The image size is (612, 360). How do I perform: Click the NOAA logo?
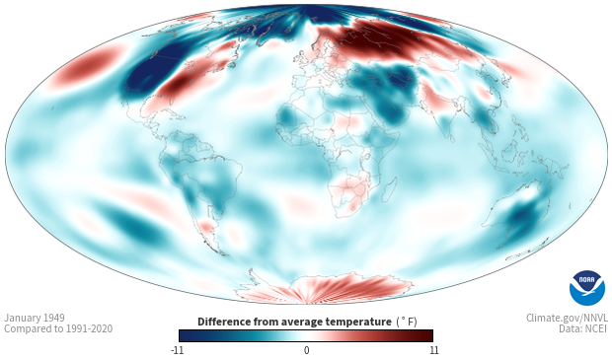tap(587, 288)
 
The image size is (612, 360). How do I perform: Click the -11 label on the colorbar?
tap(177, 350)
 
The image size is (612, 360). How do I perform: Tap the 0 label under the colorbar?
tap(306, 350)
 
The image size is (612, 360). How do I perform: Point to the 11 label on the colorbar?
tap(433, 350)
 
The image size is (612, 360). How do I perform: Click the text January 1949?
tap(35, 318)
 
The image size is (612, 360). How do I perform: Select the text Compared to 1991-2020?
tap(58, 328)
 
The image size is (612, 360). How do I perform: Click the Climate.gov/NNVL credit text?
tap(567, 318)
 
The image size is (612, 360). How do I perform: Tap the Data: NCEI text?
tap(583, 328)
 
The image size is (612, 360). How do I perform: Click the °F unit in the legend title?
tap(407, 322)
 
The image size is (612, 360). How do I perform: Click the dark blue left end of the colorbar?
tap(187, 335)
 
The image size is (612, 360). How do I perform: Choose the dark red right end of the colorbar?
tap(425, 335)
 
